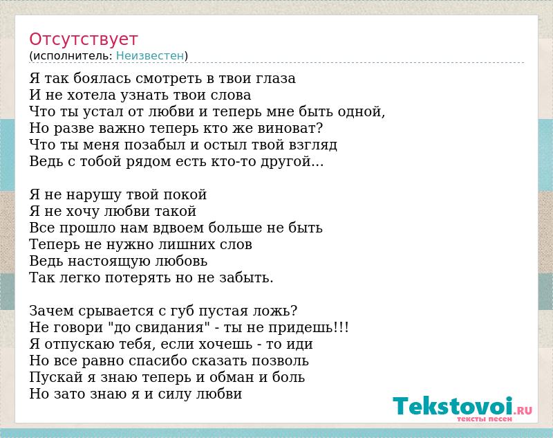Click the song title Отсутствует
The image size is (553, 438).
(x=83, y=39)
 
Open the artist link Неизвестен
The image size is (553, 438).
(x=150, y=56)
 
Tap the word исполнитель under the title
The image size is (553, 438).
(x=73, y=56)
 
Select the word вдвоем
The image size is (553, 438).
(x=178, y=228)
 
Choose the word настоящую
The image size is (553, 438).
(x=109, y=261)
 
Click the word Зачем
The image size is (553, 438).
(x=51, y=311)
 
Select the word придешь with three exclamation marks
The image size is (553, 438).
(x=308, y=328)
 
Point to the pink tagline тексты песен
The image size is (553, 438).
(x=485, y=419)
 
